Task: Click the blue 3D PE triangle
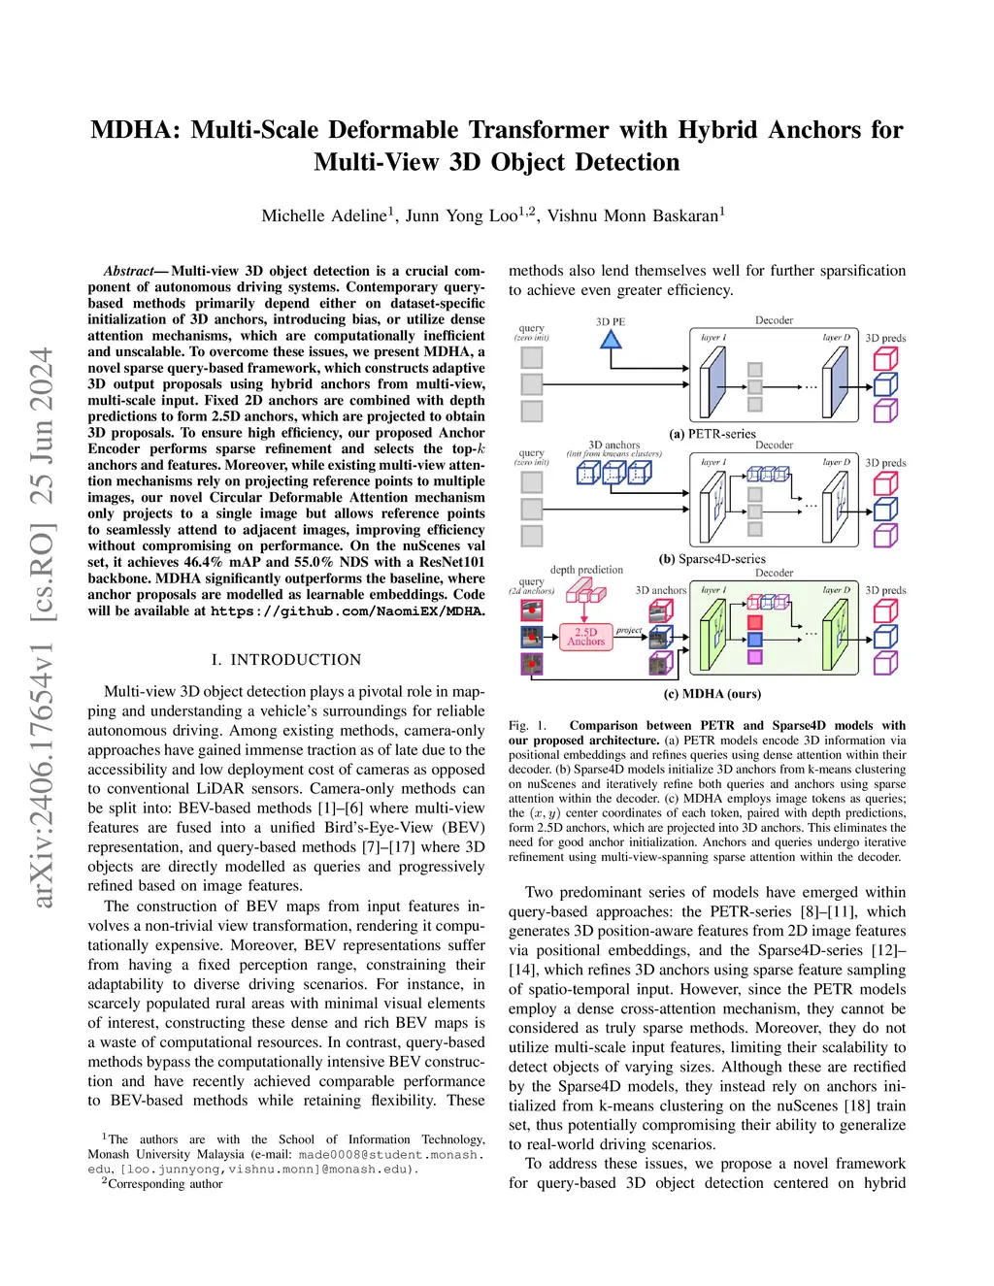coord(610,340)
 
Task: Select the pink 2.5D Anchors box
coord(586,637)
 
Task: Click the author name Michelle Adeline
coord(324,215)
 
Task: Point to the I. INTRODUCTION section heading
coord(286,660)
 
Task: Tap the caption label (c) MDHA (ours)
coord(712,694)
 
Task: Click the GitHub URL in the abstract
coord(347,611)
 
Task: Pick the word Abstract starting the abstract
coord(128,271)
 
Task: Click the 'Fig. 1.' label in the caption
coord(527,725)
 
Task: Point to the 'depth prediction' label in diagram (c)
coord(586,570)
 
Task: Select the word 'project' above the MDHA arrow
coord(629,630)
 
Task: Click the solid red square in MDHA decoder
coord(755,621)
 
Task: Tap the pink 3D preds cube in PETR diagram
coord(885,359)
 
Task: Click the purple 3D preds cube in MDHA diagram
coord(885,662)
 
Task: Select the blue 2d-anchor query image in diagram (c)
coord(531,637)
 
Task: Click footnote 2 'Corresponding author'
coord(165,1184)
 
